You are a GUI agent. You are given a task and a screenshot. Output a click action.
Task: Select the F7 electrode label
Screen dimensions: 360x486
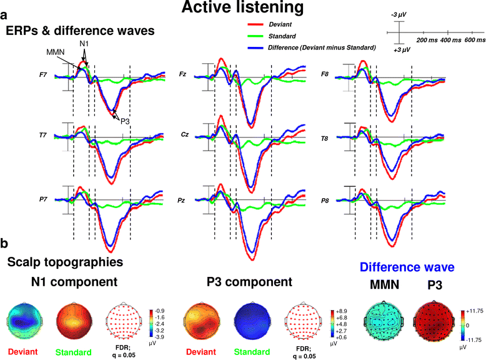[43, 75]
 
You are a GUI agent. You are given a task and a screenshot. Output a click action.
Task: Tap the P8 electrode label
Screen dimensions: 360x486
[325, 201]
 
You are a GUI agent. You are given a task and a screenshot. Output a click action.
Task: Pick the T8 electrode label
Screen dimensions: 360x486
[325, 138]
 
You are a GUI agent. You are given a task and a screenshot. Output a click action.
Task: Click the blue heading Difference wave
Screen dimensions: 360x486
[407, 267]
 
